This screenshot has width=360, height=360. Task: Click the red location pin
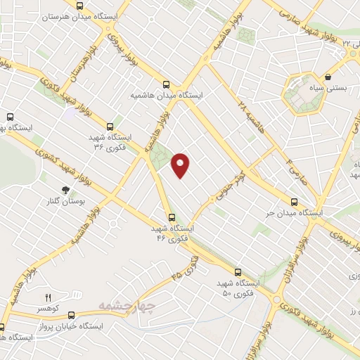click(181, 165)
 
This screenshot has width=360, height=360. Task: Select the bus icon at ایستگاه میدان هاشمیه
click(167, 82)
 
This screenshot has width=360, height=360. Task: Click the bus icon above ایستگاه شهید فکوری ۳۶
click(110, 127)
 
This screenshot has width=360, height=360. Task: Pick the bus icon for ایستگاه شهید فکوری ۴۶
click(171, 217)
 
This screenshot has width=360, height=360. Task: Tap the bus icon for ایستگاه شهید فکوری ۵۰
click(237, 271)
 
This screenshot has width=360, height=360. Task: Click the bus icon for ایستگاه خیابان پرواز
click(2, 327)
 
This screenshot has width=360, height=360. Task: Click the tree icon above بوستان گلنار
click(65, 189)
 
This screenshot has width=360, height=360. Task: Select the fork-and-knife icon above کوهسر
click(49, 298)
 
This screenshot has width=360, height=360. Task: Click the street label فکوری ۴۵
click(185, 266)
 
